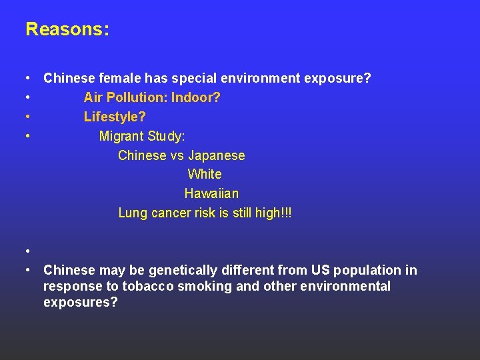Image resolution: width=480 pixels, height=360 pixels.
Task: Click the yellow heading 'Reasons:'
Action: (67, 29)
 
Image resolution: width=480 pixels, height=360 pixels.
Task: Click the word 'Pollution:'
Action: (136, 97)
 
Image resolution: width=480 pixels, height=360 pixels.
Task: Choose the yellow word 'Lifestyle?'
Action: (115, 117)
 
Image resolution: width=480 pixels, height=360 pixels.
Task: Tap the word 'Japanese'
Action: (216, 155)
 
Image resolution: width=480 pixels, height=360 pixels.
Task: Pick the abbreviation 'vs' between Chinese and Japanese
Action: (177, 155)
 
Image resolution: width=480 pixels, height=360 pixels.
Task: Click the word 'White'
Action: (205, 174)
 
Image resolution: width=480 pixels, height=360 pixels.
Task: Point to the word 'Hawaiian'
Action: (211, 193)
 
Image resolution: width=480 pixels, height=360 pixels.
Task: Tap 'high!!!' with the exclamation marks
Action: (273, 213)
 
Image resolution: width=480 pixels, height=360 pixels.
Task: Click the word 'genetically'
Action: (181, 270)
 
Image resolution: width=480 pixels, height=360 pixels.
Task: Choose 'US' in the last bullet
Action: (319, 270)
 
